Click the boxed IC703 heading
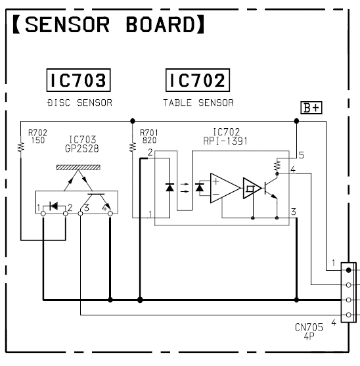(x=79, y=80)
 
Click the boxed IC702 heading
(x=198, y=80)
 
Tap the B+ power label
(x=311, y=108)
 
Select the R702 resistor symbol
(x=21, y=147)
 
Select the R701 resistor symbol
(x=133, y=147)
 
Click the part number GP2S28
(x=82, y=149)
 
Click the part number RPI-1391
(x=225, y=141)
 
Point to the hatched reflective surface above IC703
(x=78, y=168)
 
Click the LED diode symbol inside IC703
(x=54, y=206)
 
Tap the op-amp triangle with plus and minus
(x=225, y=188)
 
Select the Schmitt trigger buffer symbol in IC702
(x=252, y=188)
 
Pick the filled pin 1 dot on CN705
(x=349, y=270)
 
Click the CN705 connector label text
(x=309, y=331)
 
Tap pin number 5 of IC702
(x=302, y=155)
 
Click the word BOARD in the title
(x=160, y=25)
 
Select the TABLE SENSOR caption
(x=198, y=103)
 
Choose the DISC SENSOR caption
(x=79, y=103)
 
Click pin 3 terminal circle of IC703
(x=81, y=214)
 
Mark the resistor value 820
(x=149, y=140)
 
